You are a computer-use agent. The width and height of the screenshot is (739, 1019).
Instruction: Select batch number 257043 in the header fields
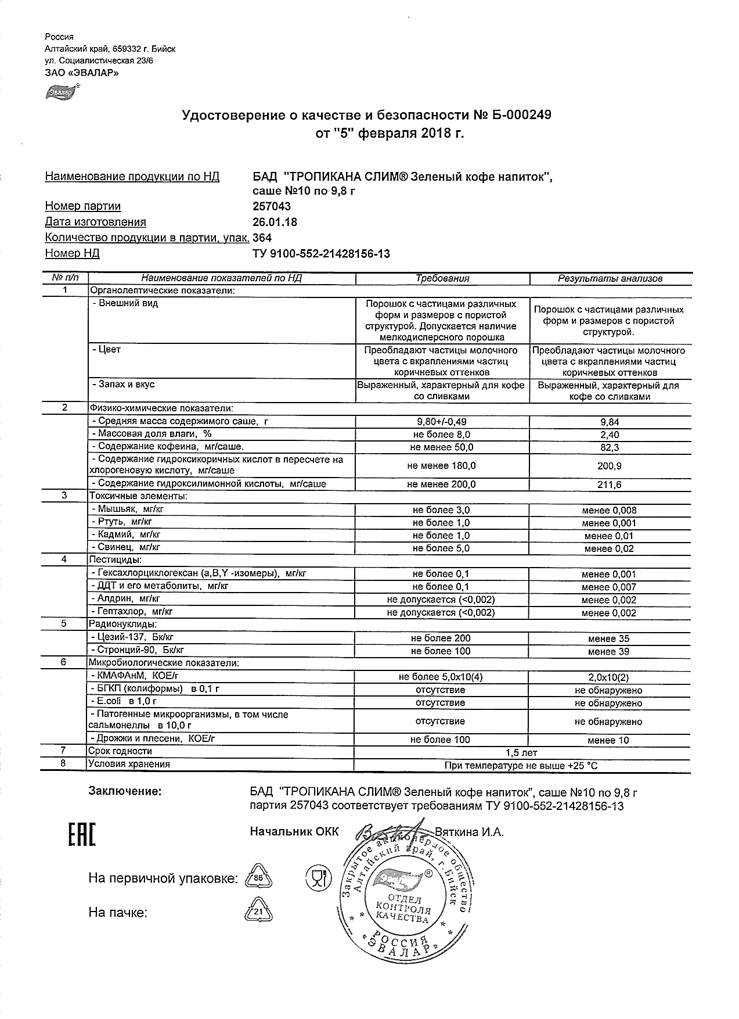272,206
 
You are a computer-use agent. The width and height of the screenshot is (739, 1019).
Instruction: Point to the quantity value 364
262,238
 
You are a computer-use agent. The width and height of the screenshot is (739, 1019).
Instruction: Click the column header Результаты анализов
610,278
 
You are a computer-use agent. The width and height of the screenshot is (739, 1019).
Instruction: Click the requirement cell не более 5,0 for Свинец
441,548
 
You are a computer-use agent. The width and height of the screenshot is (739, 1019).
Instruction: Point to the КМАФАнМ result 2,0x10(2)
609,677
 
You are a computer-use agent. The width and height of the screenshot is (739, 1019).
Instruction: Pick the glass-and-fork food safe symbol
317,877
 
